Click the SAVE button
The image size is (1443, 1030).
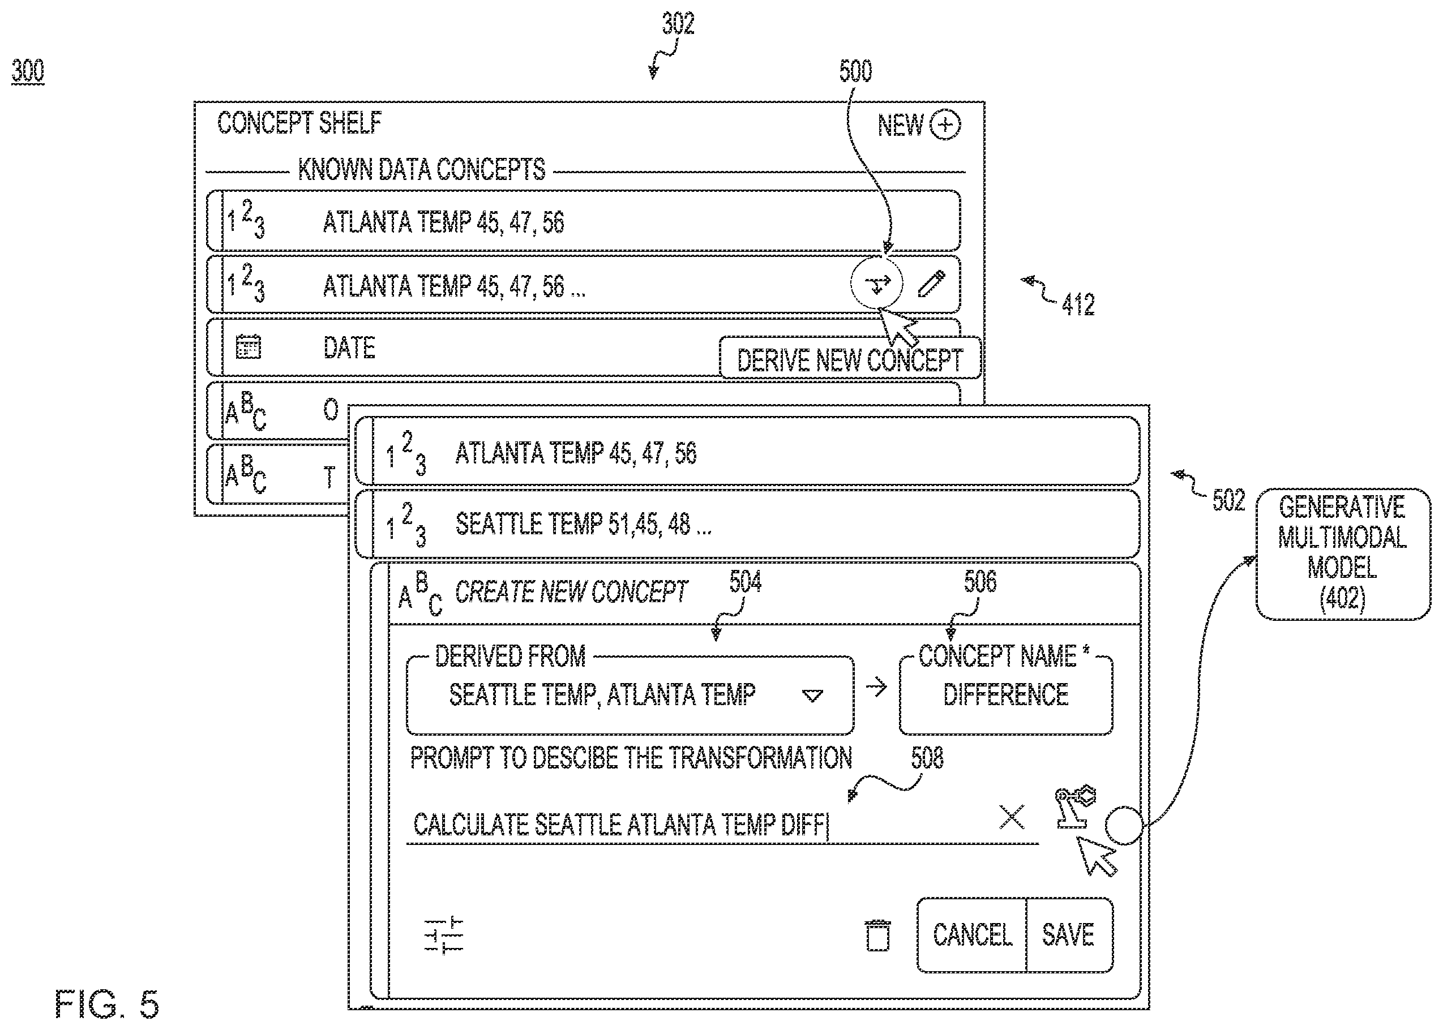(x=1069, y=935)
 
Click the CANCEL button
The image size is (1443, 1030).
(x=972, y=935)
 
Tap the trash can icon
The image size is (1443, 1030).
(x=878, y=935)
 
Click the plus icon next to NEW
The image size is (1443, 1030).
(x=945, y=125)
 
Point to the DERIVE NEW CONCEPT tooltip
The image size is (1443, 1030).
(x=850, y=359)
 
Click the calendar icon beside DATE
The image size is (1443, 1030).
(x=248, y=347)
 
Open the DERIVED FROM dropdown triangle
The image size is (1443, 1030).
(x=812, y=696)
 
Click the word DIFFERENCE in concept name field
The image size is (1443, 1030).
(x=1005, y=694)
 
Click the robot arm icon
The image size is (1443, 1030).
(x=1074, y=807)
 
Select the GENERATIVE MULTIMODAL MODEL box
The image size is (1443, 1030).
(x=1343, y=553)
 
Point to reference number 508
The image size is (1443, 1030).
(x=927, y=757)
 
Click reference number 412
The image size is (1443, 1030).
(x=1078, y=305)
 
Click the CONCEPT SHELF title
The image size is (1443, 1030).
(x=299, y=123)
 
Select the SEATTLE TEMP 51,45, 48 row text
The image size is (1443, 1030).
(x=584, y=524)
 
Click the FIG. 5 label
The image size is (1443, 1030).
(x=106, y=1004)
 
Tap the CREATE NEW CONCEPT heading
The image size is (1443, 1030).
(x=571, y=592)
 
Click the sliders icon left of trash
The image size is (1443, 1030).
(x=444, y=935)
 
